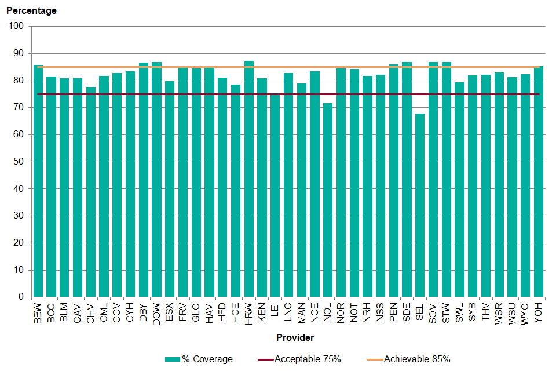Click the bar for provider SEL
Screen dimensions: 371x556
coord(420,205)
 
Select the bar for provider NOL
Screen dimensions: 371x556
coord(328,200)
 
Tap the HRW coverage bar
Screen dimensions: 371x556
coord(249,179)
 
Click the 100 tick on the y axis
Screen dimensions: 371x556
coord(16,26)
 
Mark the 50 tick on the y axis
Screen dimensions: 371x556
coord(18,162)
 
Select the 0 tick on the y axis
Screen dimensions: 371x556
coord(21,297)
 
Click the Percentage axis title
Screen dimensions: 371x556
coord(31,10)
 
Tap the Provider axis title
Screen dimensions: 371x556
coord(295,337)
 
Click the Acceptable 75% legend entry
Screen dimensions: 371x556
coord(299,359)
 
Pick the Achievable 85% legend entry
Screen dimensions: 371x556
coord(408,359)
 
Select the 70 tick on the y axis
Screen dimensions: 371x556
coord(18,107)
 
